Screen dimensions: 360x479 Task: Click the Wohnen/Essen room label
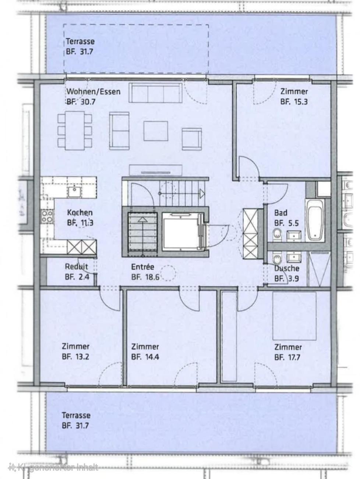(x=93, y=92)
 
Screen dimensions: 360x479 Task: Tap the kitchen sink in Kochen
(x=75, y=192)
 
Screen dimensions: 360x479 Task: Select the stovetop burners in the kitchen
(x=47, y=216)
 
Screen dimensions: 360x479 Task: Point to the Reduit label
(x=77, y=266)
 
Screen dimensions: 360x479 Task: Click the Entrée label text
(x=142, y=267)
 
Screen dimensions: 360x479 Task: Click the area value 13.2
(x=81, y=357)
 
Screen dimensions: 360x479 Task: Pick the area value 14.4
(x=151, y=357)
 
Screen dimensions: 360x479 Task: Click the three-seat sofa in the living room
(x=155, y=93)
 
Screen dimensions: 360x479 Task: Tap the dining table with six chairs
(x=75, y=131)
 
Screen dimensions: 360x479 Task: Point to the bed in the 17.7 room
(x=294, y=316)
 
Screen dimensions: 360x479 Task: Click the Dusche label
(x=287, y=268)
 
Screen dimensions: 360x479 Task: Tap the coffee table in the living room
(x=156, y=131)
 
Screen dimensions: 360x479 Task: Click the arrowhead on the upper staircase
(x=202, y=193)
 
